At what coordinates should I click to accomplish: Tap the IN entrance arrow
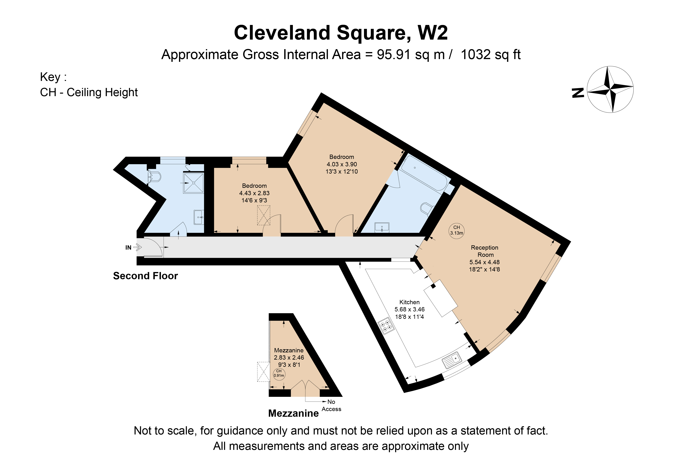coord(138,247)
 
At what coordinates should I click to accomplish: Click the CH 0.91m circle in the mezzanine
coord(279,373)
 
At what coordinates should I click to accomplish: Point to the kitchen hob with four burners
coord(386,326)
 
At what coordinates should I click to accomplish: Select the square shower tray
coord(193,183)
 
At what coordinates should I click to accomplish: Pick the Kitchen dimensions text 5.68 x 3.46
coord(409,309)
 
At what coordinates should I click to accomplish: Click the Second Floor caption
coord(146,276)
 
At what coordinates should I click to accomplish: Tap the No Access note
coord(331,405)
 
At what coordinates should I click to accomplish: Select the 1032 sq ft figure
coord(491,55)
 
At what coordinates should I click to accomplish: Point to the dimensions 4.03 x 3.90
coord(342,164)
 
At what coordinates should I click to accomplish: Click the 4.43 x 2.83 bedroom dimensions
coord(254,193)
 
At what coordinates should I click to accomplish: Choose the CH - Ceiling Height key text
coord(89,92)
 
